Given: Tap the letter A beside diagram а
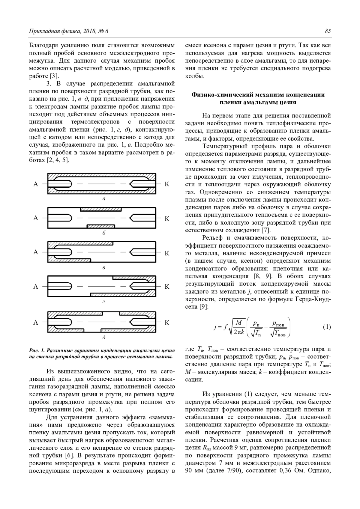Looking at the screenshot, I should click(36, 184).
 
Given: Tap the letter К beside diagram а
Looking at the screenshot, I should click(167, 184).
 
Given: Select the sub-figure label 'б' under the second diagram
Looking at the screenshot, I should click(104, 233).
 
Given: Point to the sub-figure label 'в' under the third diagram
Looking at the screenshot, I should click(104, 267).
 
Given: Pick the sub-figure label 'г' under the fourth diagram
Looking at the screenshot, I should click(104, 302).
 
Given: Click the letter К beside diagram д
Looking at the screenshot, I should click(167, 323).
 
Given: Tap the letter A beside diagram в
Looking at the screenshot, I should click(36, 252).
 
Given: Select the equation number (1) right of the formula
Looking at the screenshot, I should click(327, 327).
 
